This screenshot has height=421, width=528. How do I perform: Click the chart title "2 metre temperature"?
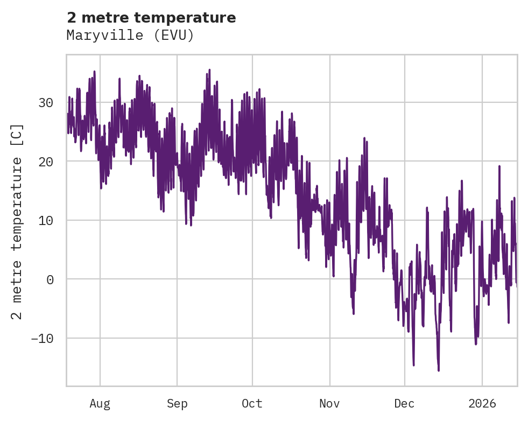click(x=151, y=18)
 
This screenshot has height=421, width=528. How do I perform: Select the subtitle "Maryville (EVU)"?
click(x=130, y=36)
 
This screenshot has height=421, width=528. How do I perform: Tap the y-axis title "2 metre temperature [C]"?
click(x=18, y=221)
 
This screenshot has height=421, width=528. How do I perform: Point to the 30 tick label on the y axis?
click(x=47, y=102)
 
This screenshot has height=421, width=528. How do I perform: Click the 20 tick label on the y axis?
click(x=47, y=162)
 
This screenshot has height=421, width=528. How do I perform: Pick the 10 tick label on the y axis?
click(x=47, y=220)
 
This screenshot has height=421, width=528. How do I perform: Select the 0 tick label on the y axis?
click(x=51, y=279)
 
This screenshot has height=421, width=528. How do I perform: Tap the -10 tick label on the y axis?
click(x=43, y=338)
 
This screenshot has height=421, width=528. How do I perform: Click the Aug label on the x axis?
click(x=100, y=404)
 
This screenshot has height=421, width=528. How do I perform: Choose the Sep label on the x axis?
click(x=177, y=404)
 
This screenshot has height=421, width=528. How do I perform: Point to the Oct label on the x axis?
click(x=252, y=404)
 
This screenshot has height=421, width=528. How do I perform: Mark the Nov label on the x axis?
click(x=329, y=404)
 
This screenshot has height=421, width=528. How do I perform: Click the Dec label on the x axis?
click(x=404, y=404)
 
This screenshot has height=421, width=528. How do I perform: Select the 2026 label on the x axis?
click(x=482, y=404)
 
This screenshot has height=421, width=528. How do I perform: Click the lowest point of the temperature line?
click(x=439, y=370)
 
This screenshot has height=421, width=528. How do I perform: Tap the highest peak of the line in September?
click(x=209, y=70)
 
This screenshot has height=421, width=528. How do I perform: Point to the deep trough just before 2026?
click(x=476, y=344)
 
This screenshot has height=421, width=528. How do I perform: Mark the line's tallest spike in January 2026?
click(x=499, y=166)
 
